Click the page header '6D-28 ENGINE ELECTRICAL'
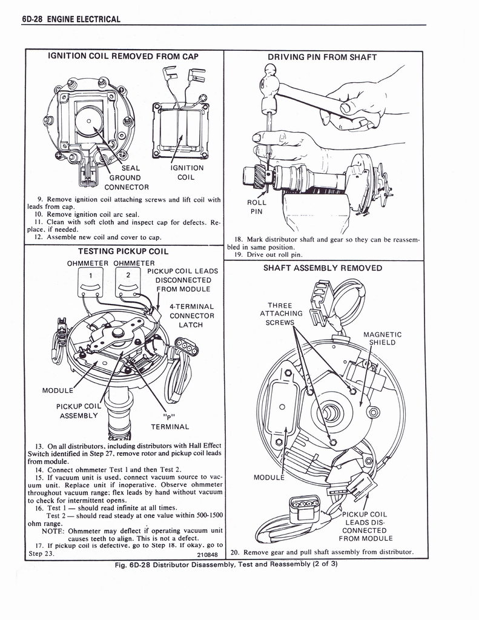click(71, 19)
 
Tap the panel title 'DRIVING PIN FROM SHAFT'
click(322, 58)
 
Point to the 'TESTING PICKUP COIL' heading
click(123, 251)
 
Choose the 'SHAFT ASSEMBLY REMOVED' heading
click(322, 268)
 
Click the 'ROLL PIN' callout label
click(257, 207)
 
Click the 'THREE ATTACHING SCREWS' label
click(280, 314)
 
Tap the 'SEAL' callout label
click(131, 168)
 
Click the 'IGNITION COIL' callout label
click(187, 173)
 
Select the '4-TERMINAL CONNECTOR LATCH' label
click(191, 315)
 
